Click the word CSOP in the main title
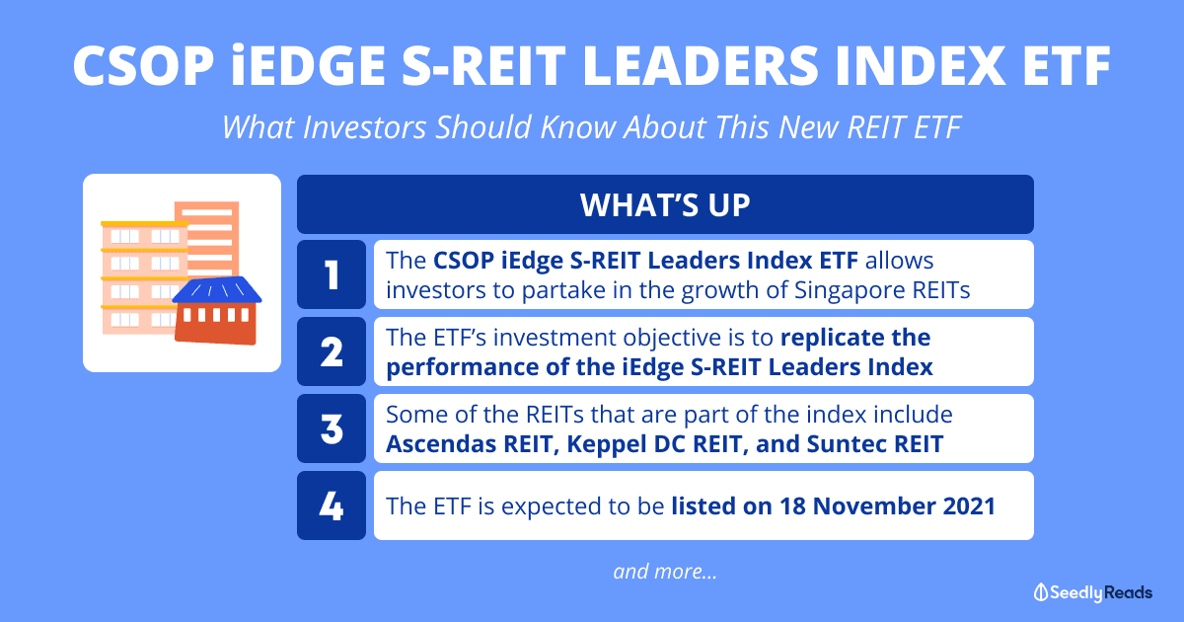144,65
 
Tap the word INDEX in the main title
921,65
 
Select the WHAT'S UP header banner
665,204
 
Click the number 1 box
332,274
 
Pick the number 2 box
332,351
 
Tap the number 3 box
332,428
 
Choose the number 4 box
332,505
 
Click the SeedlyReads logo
1093,592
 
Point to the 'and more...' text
665,572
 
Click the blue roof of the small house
217,290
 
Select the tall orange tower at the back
206,238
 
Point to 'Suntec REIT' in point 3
875,443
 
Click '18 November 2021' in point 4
887,505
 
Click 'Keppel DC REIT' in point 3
654,443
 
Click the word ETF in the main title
1067,65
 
